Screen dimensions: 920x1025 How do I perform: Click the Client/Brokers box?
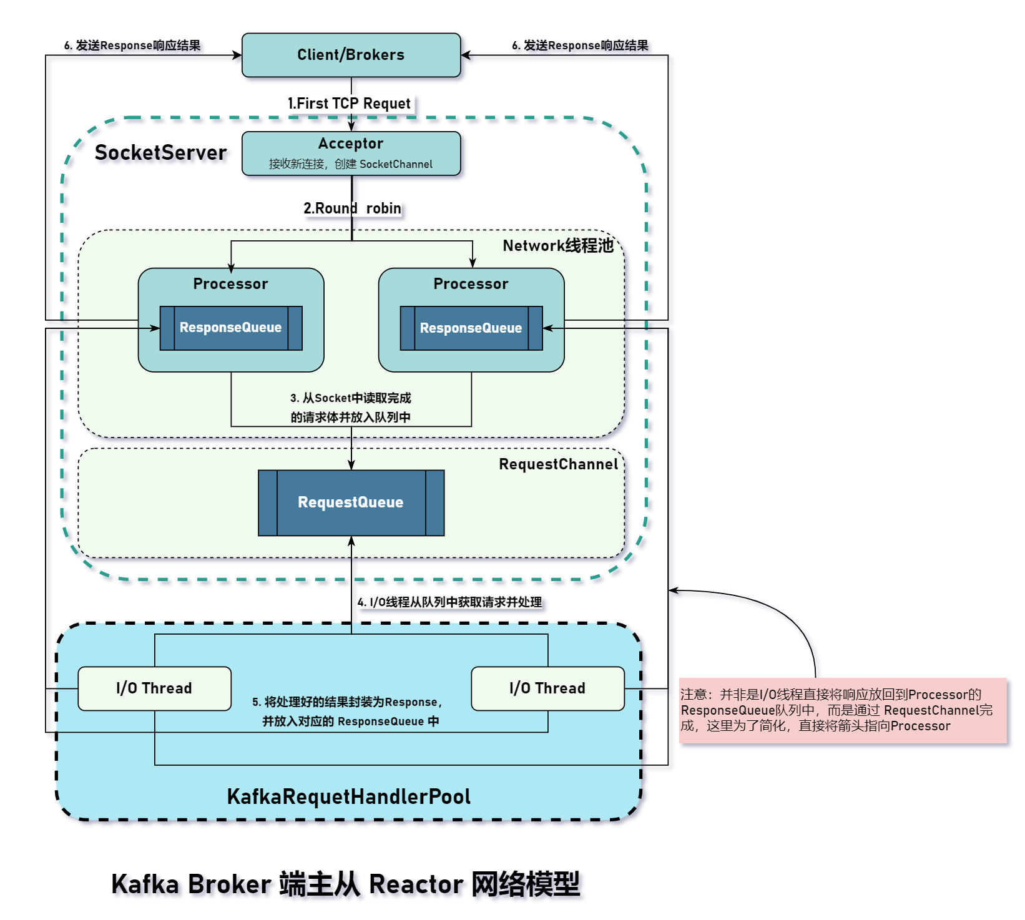click(x=351, y=55)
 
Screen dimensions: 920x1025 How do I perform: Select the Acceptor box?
click(x=351, y=153)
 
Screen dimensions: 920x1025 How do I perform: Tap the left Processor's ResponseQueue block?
click(x=231, y=328)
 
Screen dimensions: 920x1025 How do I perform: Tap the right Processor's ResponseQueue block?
click(x=471, y=328)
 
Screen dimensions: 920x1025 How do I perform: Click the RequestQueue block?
click(x=351, y=502)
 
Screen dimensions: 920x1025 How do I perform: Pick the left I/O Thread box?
click(x=154, y=688)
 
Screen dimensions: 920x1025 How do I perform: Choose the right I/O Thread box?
click(x=547, y=688)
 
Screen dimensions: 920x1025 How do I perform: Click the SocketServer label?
click(x=160, y=152)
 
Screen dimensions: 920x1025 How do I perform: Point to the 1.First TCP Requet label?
click(x=349, y=104)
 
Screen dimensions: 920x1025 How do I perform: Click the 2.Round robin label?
click(x=352, y=208)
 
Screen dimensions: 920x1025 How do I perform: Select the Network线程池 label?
click(x=558, y=245)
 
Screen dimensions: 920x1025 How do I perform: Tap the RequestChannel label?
click(x=558, y=464)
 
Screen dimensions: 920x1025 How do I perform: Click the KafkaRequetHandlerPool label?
click(x=348, y=796)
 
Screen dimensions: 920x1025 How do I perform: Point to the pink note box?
click(x=843, y=710)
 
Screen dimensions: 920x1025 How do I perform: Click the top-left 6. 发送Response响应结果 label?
click(x=132, y=46)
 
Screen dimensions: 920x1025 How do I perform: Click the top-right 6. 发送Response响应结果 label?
click(x=580, y=46)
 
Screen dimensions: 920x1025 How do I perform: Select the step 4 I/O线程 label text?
click(x=449, y=602)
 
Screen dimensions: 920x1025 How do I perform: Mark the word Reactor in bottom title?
click(x=415, y=884)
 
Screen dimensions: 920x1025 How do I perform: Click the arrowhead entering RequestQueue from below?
click(x=351, y=541)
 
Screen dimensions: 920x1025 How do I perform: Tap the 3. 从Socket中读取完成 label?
click(x=351, y=398)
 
